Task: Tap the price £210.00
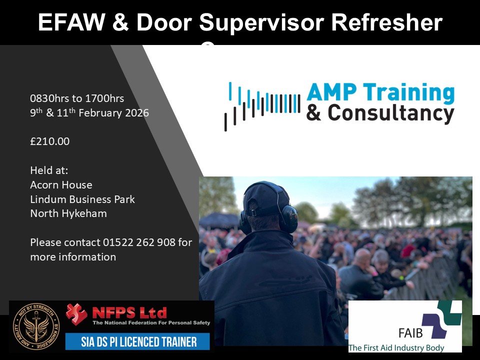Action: [x=49, y=141]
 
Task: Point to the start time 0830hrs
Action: [x=49, y=98]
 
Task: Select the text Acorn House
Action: [x=61, y=184]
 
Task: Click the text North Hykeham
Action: [x=68, y=213]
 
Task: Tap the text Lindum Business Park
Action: [x=82, y=199]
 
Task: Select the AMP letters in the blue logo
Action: [x=332, y=92]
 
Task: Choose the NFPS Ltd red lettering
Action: [x=129, y=313]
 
